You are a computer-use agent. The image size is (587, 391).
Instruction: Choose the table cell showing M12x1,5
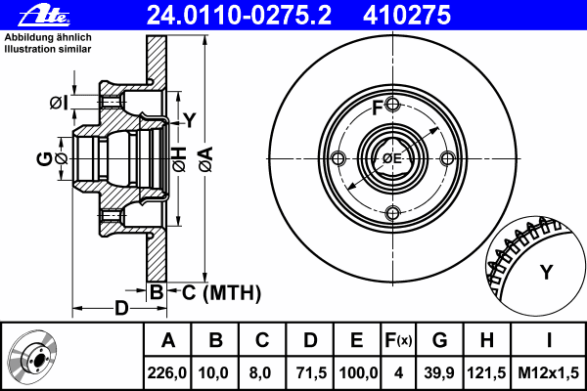[550, 372]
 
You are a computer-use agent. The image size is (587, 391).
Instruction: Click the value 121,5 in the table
[487, 372]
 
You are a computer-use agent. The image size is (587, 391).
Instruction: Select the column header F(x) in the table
[398, 340]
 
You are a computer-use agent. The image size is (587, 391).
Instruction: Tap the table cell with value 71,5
[310, 372]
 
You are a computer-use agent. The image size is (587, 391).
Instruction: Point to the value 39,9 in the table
[440, 372]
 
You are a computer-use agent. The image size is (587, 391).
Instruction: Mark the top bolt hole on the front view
[391, 105]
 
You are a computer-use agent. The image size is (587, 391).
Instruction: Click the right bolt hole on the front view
[446, 158]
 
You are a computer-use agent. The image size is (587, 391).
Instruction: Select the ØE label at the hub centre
[392, 158]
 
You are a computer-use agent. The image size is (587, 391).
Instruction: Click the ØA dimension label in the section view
[205, 158]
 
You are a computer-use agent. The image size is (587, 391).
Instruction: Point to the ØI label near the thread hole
[58, 103]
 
